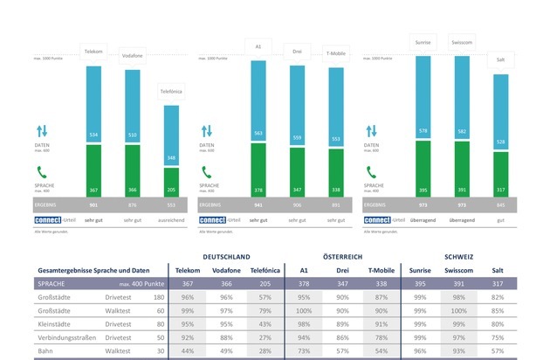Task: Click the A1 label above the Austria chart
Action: [x=258, y=45]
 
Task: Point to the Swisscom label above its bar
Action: [x=463, y=42]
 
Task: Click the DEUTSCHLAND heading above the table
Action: [x=227, y=258]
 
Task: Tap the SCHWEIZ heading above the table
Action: [x=464, y=258]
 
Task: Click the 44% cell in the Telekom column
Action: [x=186, y=350]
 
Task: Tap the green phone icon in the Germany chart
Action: [x=42, y=172]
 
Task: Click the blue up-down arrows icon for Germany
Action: [x=42, y=131]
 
